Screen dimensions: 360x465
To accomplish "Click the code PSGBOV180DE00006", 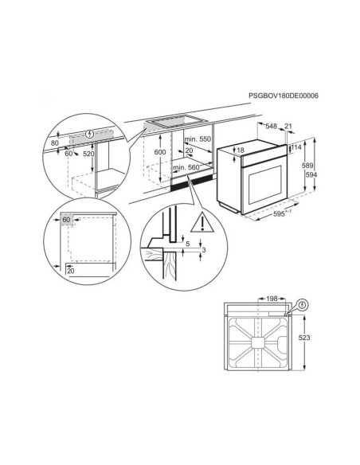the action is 284,96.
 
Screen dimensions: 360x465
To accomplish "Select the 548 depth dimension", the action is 271,126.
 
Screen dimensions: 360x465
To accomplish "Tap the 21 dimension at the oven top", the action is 288,126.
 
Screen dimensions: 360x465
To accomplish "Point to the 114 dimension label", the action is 296,147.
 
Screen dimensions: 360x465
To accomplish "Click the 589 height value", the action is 307,166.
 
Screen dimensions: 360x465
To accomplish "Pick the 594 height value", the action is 311,174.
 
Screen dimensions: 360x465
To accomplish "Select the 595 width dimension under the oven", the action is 279,214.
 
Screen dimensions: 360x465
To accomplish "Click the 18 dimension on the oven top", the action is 241,150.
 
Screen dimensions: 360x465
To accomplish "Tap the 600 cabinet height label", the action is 160,152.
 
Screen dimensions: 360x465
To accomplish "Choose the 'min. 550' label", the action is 198,139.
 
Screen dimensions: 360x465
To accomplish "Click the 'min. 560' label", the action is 186,167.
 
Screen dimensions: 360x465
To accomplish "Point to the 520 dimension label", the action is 88,154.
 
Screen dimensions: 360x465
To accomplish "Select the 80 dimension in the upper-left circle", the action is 55,143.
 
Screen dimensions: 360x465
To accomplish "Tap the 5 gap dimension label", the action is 187,244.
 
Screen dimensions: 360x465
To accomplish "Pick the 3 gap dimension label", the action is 204,250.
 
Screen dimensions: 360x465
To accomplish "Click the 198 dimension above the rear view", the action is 272,299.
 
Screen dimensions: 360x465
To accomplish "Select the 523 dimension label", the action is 304,338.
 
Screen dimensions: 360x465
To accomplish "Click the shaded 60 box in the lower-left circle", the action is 66,220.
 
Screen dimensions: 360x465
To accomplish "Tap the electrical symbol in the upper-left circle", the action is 89,134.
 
